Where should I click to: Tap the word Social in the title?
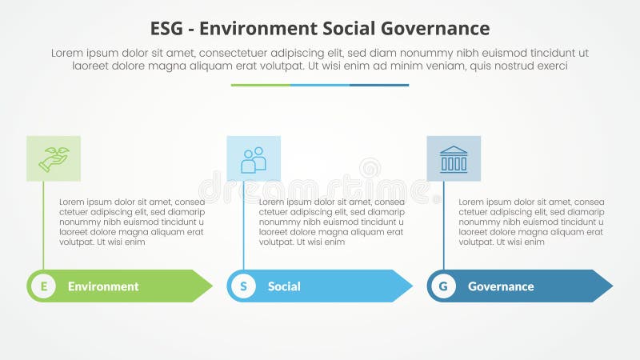(x=350, y=29)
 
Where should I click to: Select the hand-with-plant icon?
(x=54, y=158)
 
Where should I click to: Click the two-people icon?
(x=254, y=158)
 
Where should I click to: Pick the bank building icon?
(x=454, y=158)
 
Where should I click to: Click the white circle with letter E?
(x=43, y=286)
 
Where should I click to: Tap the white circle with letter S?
(x=243, y=286)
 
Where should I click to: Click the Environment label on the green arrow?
(x=103, y=286)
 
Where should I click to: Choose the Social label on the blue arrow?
(x=284, y=286)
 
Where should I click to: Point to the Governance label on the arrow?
(x=501, y=286)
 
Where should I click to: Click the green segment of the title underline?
(x=261, y=85)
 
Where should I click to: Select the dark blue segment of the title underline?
(x=379, y=85)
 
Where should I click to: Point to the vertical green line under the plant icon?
(x=43, y=228)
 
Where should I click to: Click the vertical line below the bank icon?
(x=443, y=228)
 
